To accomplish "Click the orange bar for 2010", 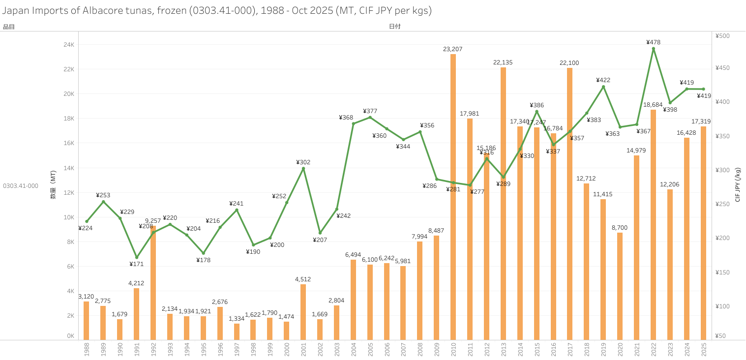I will click(x=453, y=197).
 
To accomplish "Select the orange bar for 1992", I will click(x=153, y=283).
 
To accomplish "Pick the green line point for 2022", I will click(x=653, y=49).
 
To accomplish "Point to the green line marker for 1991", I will click(x=137, y=257).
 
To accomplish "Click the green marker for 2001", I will click(x=303, y=168).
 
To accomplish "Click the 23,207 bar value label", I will click(x=452, y=49).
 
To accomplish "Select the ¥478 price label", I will click(x=653, y=42).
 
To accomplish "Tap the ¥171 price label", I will click(x=136, y=264).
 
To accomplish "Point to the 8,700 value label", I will click(x=620, y=228).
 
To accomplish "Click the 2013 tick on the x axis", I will click(x=503, y=350).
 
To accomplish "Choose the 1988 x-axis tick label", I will click(x=87, y=350).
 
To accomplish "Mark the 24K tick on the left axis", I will click(x=68, y=45).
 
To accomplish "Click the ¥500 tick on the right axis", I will click(x=722, y=36).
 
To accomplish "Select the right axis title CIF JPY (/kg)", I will click(x=737, y=185).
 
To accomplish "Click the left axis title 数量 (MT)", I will click(x=53, y=185).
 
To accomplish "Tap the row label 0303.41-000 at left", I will click(x=21, y=186).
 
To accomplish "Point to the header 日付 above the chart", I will click(x=394, y=27).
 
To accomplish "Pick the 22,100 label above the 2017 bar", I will click(x=569, y=63).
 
